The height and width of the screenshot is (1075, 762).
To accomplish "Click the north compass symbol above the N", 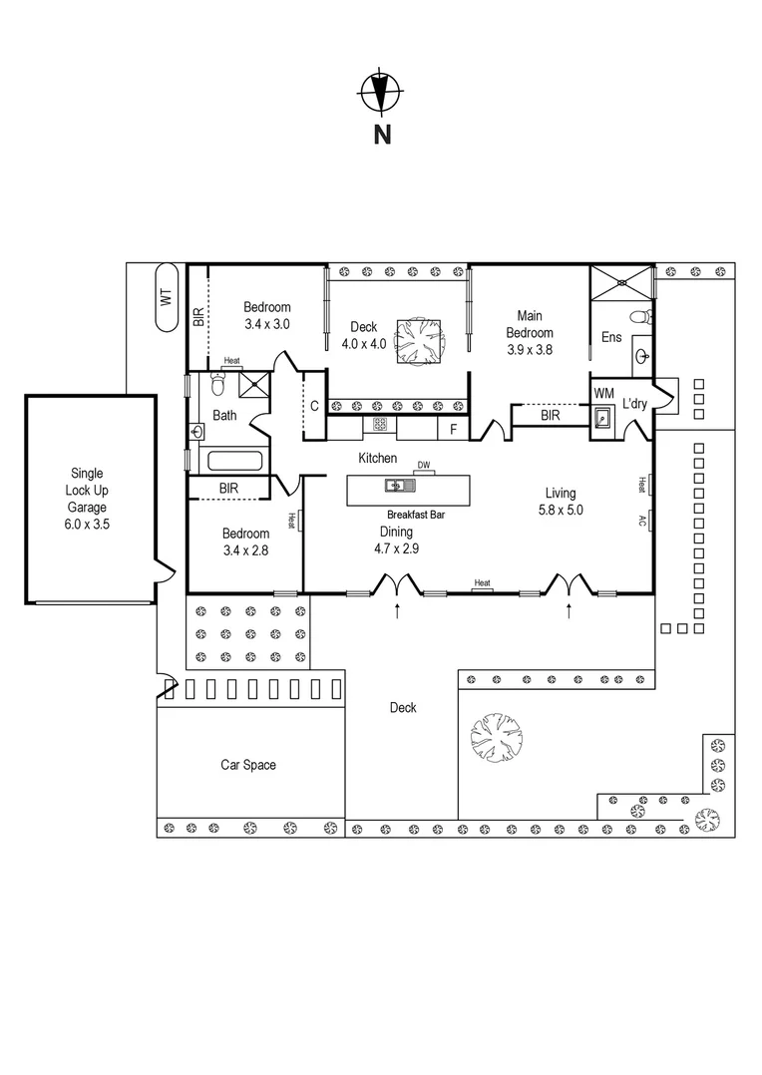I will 380,93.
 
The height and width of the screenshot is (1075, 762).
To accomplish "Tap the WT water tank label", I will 166,297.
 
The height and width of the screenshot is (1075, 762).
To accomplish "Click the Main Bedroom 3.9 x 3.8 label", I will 529,333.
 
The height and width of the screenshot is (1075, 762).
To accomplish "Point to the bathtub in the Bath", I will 230,462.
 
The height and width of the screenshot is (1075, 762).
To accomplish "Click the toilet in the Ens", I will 643,317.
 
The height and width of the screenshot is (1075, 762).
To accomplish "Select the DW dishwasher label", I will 423,466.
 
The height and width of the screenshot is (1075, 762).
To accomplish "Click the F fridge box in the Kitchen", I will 453,429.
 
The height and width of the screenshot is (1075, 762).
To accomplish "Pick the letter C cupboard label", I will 313,405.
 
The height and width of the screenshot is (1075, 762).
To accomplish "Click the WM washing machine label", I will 603,393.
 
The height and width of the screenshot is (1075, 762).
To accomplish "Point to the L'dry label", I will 635,404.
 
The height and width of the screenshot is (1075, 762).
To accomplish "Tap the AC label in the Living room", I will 641,521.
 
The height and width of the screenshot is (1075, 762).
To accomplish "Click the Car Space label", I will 248,765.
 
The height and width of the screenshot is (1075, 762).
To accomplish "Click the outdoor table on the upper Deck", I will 418,340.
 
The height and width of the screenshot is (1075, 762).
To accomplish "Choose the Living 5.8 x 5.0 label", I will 560,501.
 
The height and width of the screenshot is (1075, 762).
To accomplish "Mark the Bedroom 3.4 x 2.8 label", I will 245,541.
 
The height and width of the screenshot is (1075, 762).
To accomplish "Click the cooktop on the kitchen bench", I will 380,424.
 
